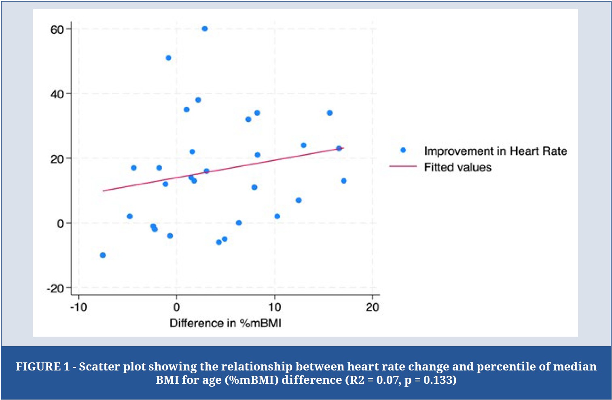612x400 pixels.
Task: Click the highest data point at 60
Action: click(x=205, y=29)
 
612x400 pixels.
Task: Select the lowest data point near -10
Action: click(x=103, y=255)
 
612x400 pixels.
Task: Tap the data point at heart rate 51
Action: click(x=168, y=58)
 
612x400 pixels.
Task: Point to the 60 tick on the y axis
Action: click(x=57, y=30)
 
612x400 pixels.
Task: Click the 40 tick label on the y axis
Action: click(x=57, y=94)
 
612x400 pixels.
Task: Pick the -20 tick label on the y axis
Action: click(x=55, y=288)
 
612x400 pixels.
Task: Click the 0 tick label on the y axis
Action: click(x=60, y=224)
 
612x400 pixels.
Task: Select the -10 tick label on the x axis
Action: click(x=78, y=307)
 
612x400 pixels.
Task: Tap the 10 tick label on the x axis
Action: click(x=275, y=307)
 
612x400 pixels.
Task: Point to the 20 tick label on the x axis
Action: click(x=373, y=307)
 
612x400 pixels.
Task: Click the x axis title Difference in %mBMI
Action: click(x=225, y=323)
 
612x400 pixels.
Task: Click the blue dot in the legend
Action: click(x=403, y=150)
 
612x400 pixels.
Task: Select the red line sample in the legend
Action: click(x=403, y=166)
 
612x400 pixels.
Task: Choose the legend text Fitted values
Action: click(x=457, y=167)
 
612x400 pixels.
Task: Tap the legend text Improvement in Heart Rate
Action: click(x=496, y=151)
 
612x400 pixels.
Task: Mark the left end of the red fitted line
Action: click(x=104, y=190)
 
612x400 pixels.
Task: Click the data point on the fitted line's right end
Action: click(x=339, y=148)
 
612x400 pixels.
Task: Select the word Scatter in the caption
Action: click(x=99, y=366)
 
